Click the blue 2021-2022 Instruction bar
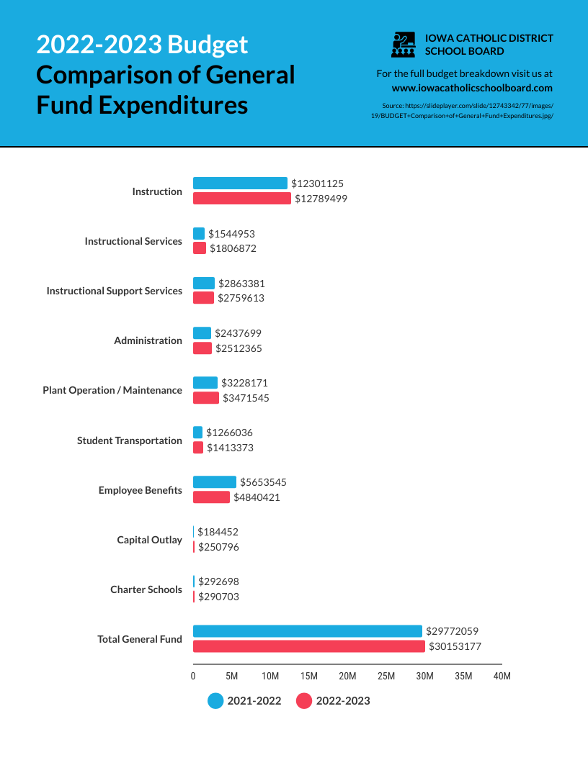[240, 184]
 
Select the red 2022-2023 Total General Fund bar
[309, 646]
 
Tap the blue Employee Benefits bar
[215, 482]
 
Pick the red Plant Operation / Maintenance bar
[206, 398]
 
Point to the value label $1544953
[231, 234]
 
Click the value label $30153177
[455, 646]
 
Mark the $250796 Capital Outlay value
[218, 547]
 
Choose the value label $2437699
[238, 333]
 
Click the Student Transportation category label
[130, 440]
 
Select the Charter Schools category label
[146, 589]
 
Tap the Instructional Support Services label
[115, 291]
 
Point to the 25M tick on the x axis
[386, 677]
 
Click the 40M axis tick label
[502, 677]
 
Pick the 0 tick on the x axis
[193, 677]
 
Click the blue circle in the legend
[215, 701]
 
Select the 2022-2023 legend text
[343, 701]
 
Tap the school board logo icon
[404, 45]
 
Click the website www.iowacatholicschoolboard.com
[472, 88]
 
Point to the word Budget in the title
[208, 45]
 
